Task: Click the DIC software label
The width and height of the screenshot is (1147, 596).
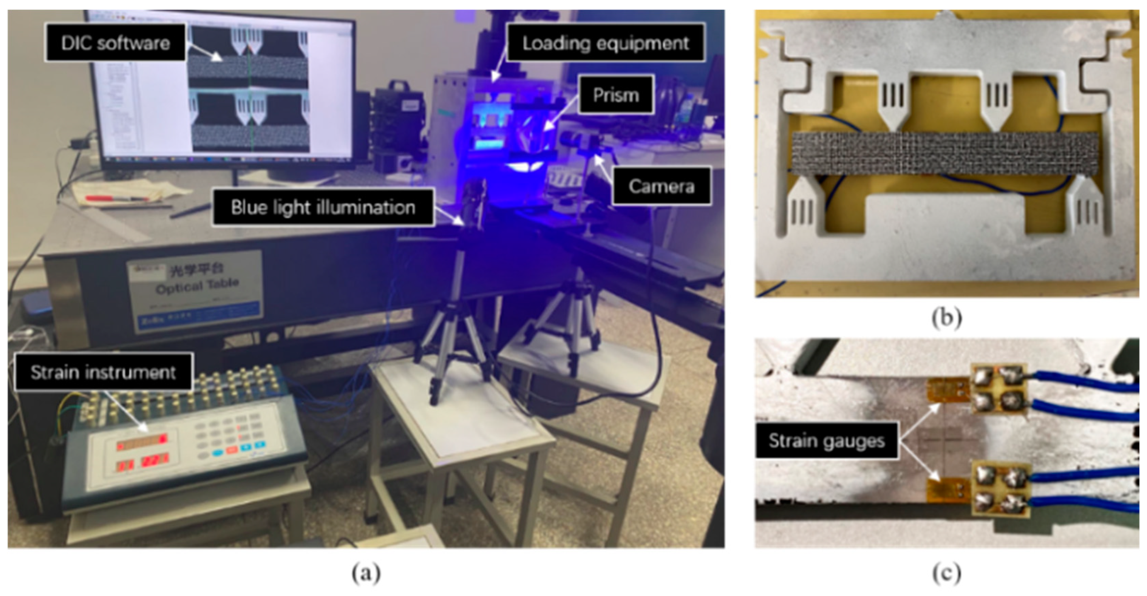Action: tap(115, 43)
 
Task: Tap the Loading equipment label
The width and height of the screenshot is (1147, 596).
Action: tap(606, 43)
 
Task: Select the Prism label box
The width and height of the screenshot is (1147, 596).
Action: tap(616, 95)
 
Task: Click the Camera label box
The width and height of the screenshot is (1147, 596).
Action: tap(661, 186)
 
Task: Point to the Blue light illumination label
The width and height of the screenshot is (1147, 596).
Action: tap(323, 207)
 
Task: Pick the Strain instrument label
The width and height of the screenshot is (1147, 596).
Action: tap(103, 372)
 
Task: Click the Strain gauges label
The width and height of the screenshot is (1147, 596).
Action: tap(827, 441)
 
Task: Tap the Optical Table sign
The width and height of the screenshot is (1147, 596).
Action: tap(196, 285)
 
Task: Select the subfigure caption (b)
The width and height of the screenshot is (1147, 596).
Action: tap(947, 318)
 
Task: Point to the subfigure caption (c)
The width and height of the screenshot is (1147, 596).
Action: tap(947, 573)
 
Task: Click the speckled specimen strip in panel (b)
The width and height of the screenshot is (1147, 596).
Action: tap(944, 152)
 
